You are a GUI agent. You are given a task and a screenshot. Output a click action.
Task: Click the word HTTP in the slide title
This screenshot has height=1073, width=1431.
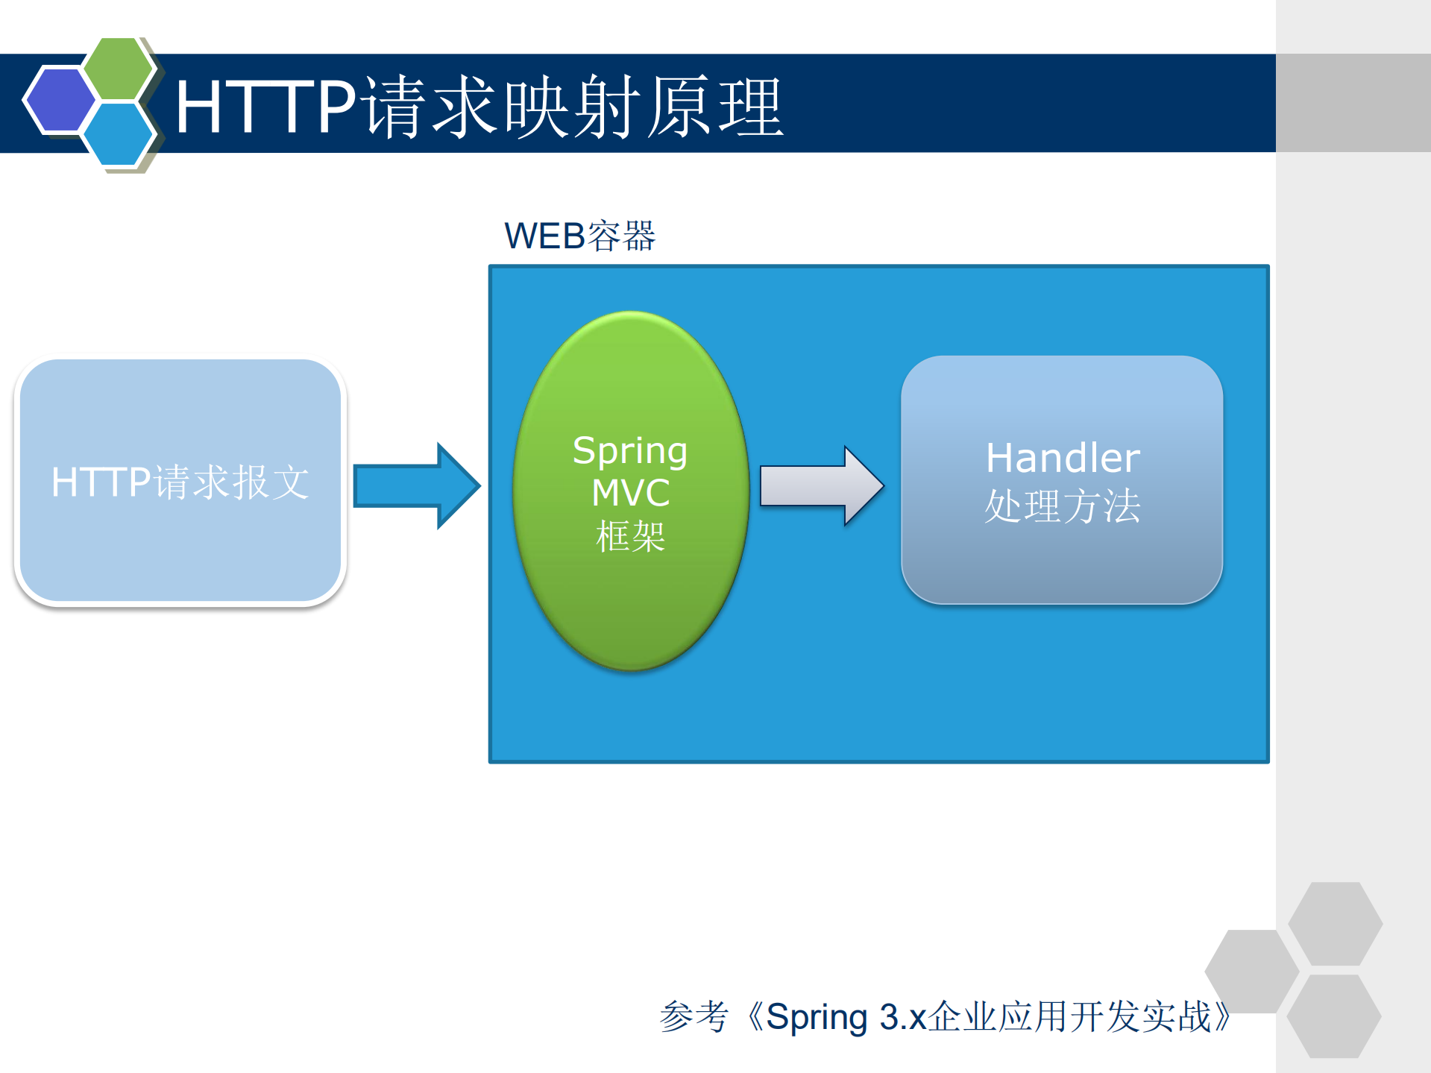(x=265, y=107)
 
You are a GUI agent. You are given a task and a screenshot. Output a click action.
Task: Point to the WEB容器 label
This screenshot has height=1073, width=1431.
(x=579, y=236)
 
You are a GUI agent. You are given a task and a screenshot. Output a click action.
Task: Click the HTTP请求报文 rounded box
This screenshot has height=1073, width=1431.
(x=180, y=481)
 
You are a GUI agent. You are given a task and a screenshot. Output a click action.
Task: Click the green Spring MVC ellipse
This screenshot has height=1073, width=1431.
(x=630, y=597)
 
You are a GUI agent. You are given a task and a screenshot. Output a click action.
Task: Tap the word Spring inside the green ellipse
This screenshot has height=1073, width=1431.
(x=630, y=451)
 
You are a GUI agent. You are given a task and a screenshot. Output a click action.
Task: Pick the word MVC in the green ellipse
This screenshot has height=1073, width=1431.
(x=631, y=493)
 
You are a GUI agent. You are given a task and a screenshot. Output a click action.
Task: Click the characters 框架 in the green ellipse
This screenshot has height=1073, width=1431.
(x=630, y=536)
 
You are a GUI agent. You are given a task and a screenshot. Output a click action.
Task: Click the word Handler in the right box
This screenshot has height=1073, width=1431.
(x=1063, y=458)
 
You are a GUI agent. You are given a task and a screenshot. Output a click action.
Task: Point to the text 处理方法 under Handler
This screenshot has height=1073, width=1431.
(x=1063, y=506)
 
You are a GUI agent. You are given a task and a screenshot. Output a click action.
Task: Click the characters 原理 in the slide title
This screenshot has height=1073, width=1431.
(x=714, y=107)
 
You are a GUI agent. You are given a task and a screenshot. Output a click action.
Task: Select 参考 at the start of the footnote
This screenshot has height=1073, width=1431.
(x=694, y=1017)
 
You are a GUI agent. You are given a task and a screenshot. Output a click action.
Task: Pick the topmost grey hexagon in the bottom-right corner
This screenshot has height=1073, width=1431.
(x=1335, y=923)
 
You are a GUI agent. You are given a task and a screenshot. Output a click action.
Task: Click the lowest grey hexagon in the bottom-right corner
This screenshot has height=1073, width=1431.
(x=1333, y=1016)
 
